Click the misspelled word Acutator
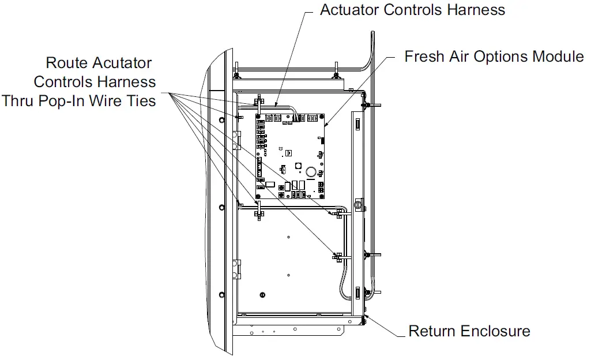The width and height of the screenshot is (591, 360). (x=119, y=63)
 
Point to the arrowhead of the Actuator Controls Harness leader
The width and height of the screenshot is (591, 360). (x=276, y=107)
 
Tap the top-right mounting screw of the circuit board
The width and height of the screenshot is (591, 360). (x=321, y=115)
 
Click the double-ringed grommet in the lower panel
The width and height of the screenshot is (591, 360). (x=262, y=294)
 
